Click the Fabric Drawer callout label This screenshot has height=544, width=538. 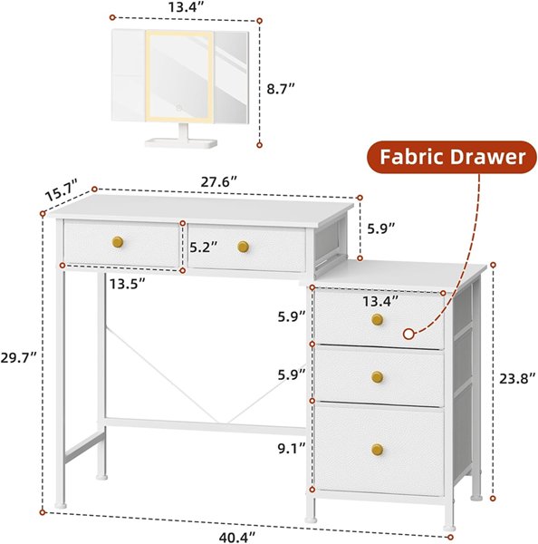tap(452, 157)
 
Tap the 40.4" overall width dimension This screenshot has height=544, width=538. tap(236, 537)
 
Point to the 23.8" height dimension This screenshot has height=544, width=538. tap(517, 378)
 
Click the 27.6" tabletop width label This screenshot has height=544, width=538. tap(219, 182)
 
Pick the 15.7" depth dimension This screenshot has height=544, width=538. tap(62, 190)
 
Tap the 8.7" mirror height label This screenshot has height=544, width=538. tap(281, 89)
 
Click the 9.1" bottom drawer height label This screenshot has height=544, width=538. tap(292, 448)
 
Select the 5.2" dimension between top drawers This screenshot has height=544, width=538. tap(204, 247)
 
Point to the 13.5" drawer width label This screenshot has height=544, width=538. tap(127, 284)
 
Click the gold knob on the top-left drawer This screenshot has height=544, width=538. tap(118, 242)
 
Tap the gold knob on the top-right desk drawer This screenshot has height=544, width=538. tap(244, 247)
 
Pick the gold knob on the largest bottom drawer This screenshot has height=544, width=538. tap(377, 450)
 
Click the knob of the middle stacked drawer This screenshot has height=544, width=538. tap(377, 377)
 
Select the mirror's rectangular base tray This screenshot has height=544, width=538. tap(181, 143)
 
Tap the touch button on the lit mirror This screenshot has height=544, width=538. tap(178, 108)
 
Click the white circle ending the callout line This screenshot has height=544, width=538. tap(409, 334)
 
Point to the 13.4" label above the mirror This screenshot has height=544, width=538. tap(187, 7)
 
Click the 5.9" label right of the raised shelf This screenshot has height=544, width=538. tap(381, 228)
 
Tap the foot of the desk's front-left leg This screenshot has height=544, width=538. tap(61, 506)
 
